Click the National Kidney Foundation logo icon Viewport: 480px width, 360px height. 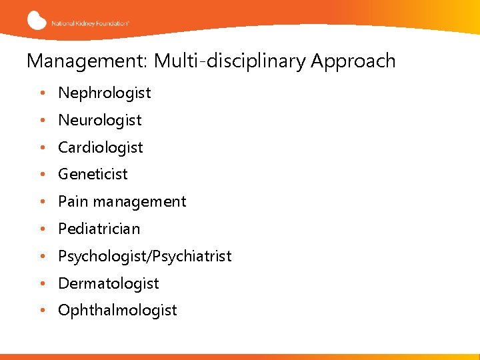click(x=37, y=20)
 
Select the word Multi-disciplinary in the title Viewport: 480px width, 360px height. click(x=223, y=61)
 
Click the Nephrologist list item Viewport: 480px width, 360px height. click(x=105, y=93)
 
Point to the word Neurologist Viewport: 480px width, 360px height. click(x=100, y=121)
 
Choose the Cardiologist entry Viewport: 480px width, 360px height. click(x=101, y=148)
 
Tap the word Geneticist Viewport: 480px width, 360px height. click(x=93, y=175)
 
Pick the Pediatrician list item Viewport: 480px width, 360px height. click(x=99, y=229)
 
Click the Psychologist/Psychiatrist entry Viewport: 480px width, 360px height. click(x=145, y=257)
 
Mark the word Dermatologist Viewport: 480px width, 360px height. click(x=109, y=284)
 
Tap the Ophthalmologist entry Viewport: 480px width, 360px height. click(x=117, y=311)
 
